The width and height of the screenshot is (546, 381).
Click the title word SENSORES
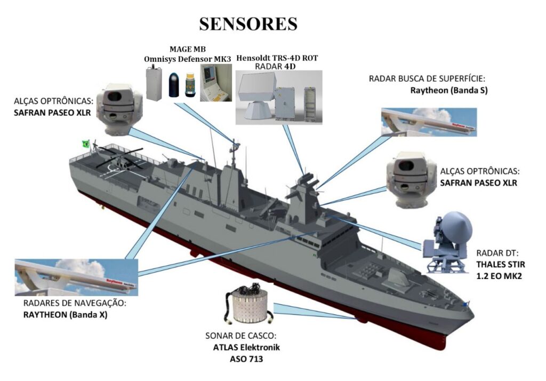[x=248, y=24]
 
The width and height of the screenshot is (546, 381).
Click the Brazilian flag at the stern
[x=85, y=143]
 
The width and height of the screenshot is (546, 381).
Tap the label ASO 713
[x=243, y=359]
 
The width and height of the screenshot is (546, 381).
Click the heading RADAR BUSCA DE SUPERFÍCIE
[x=428, y=79]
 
